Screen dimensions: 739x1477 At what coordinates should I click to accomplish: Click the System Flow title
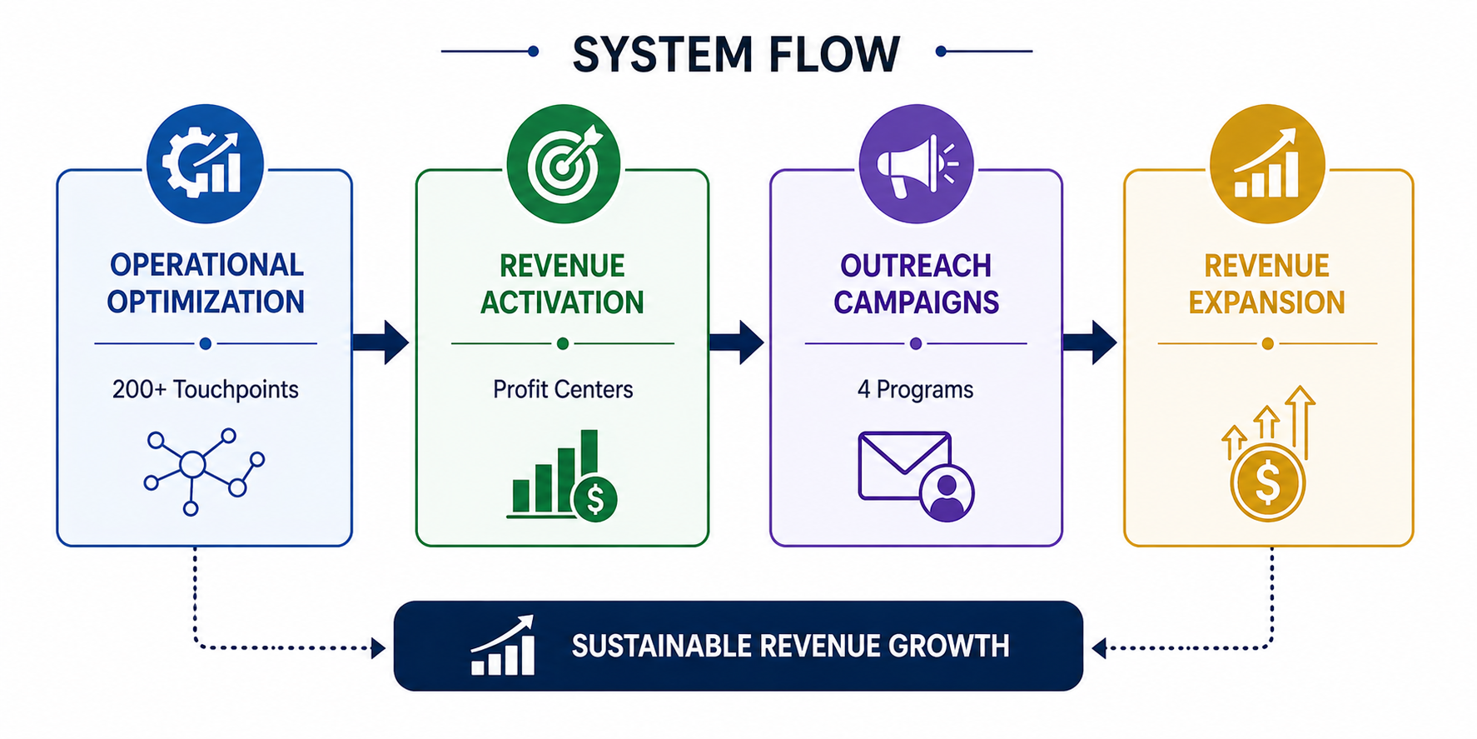click(x=736, y=54)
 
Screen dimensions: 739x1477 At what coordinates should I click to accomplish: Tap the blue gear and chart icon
click(x=205, y=163)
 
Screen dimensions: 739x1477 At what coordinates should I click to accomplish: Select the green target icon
click(x=564, y=163)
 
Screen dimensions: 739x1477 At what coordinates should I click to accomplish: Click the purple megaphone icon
click(x=916, y=163)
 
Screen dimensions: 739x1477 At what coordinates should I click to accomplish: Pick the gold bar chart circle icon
click(x=1267, y=163)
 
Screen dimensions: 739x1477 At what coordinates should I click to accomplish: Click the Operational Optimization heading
click(x=206, y=283)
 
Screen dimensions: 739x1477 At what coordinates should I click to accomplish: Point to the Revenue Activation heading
click(x=562, y=284)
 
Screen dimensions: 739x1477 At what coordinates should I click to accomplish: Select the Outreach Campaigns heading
click(x=916, y=284)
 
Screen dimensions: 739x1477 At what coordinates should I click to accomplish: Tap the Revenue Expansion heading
click(x=1266, y=284)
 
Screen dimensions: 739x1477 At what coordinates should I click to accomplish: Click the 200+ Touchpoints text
click(x=206, y=389)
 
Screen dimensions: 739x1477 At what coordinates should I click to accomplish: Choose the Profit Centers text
click(x=563, y=389)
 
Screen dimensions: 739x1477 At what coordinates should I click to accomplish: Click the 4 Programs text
click(x=915, y=389)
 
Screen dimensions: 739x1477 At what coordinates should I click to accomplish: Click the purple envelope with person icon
click(x=916, y=476)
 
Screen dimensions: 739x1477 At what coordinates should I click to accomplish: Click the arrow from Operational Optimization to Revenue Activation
click(x=380, y=342)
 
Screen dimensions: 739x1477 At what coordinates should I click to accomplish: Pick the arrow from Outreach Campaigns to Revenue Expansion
click(x=1090, y=342)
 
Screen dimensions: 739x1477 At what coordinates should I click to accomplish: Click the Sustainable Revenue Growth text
click(x=790, y=647)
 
